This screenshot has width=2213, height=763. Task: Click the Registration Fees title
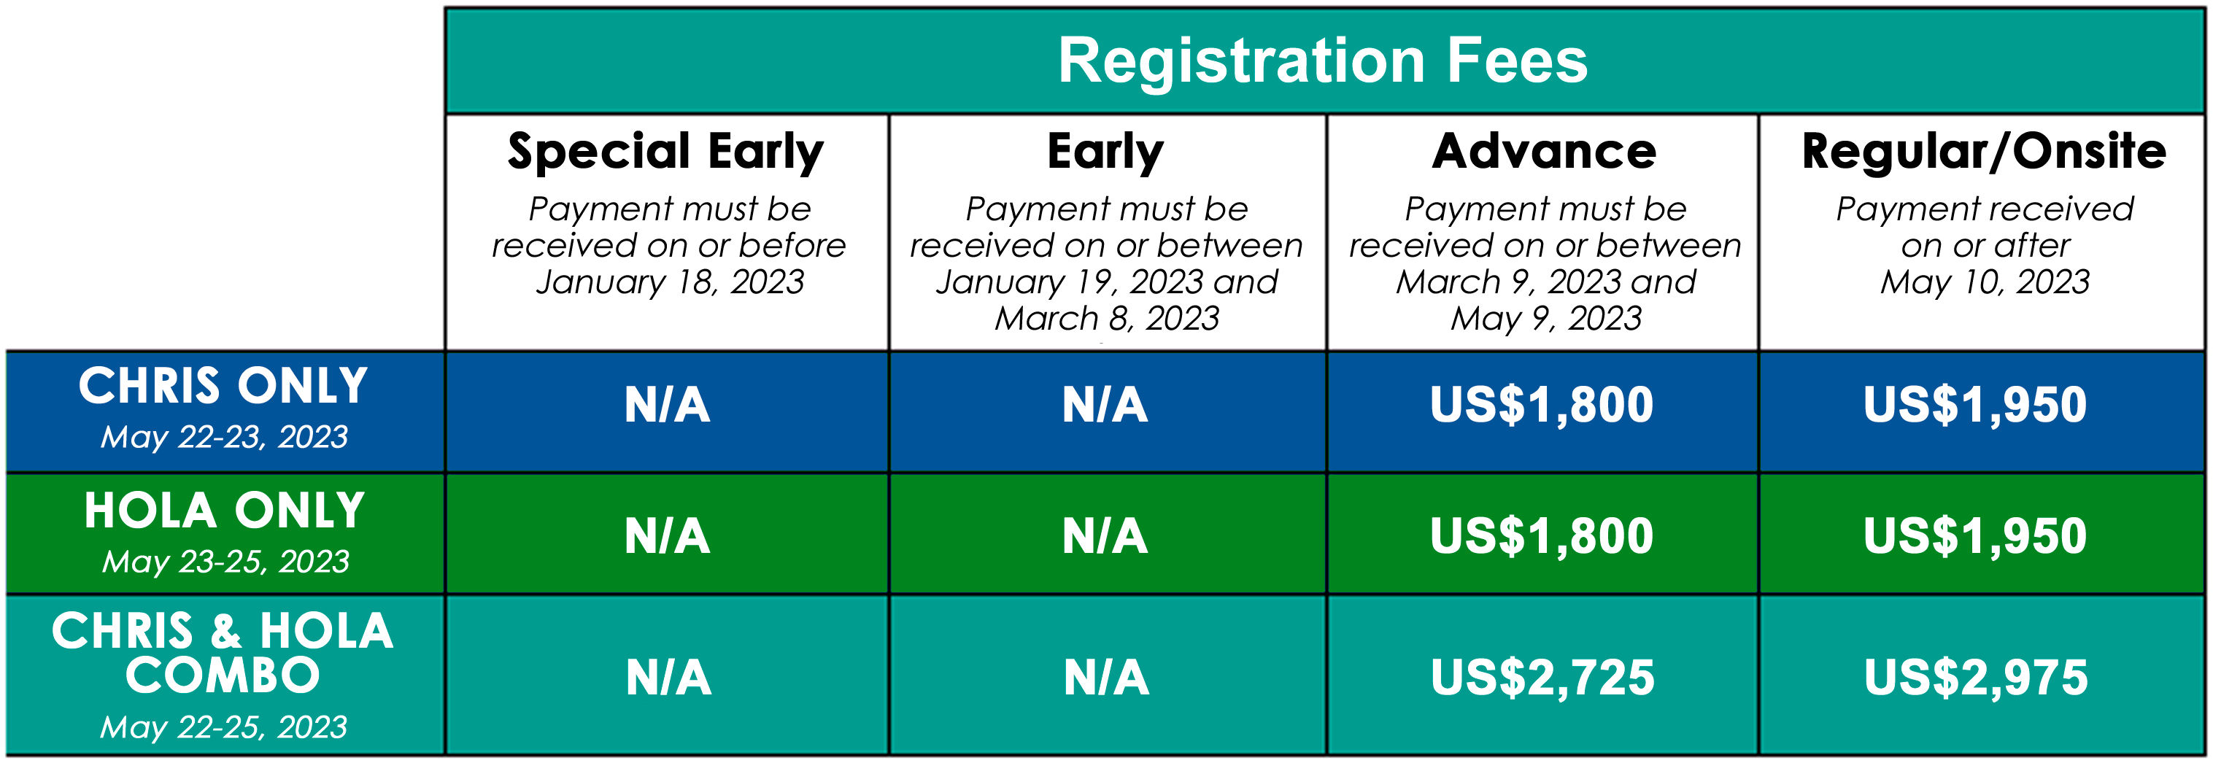pos(1323,61)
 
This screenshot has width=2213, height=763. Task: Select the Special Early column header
pos(665,152)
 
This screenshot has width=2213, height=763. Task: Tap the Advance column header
pos(1545,151)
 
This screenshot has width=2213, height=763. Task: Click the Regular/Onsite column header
pos(1985,151)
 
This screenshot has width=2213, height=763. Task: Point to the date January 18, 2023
pos(670,282)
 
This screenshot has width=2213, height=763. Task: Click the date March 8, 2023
pos(1106,319)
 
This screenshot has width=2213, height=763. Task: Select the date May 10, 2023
pos(1985,282)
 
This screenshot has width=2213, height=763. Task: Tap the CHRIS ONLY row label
pos(223,386)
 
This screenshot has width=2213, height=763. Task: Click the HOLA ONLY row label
pos(224,511)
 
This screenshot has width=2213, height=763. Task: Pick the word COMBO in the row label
pos(223,675)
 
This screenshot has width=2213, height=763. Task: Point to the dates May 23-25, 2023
pos(225,562)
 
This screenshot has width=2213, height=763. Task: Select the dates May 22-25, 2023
pos(223,728)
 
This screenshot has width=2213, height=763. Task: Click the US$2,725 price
pos(1543,678)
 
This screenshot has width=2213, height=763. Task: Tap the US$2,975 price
pos(1976,678)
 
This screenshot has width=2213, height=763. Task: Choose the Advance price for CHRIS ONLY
pos(1542,406)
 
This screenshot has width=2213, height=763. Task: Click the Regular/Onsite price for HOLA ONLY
pos(1975,537)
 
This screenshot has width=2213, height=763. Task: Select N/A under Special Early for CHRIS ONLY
pos(668,406)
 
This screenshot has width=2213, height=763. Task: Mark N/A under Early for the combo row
pos(1106,678)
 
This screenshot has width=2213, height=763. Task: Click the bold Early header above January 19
pos(1105,152)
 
